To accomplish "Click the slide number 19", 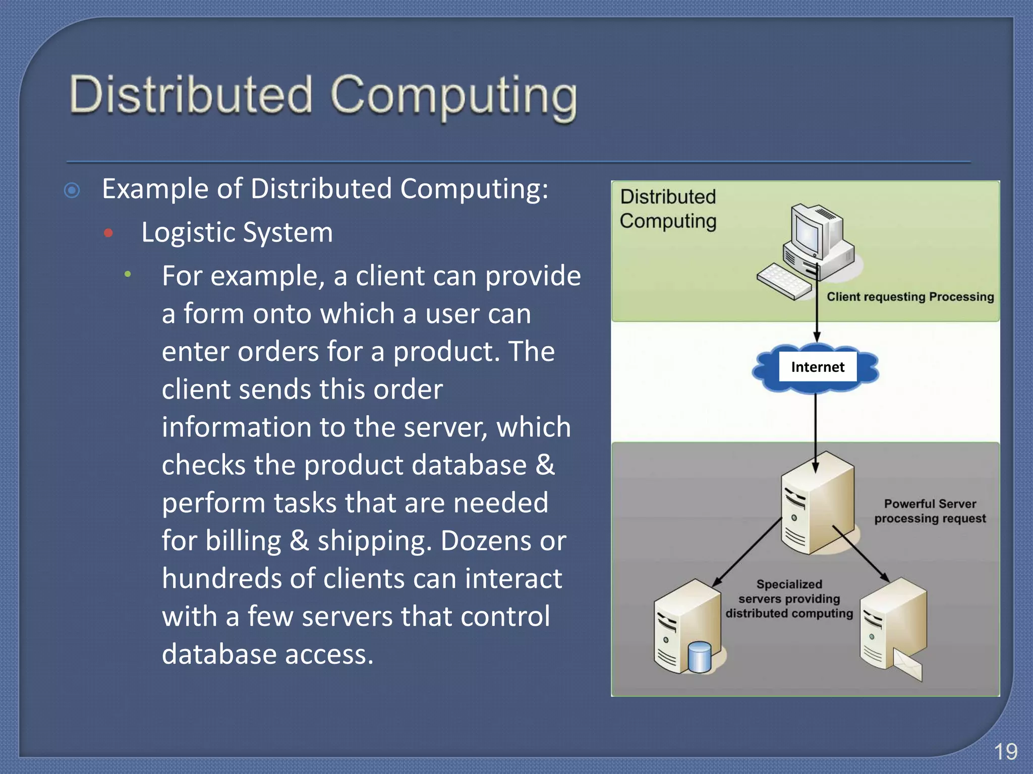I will click(x=1005, y=752).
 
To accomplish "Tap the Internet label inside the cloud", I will click(x=817, y=367).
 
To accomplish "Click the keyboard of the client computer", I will click(x=784, y=282).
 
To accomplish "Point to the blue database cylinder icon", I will click(x=700, y=657).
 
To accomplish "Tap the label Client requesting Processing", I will click(x=910, y=297).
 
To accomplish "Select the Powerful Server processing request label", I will click(x=930, y=511).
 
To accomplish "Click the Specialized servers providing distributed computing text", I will click(x=789, y=599).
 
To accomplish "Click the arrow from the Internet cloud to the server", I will click(x=816, y=428).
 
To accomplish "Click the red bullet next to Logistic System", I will click(x=108, y=233).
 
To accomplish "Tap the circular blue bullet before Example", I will click(x=72, y=190).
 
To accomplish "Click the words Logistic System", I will click(x=237, y=233).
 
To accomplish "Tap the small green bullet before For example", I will click(x=128, y=274).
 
